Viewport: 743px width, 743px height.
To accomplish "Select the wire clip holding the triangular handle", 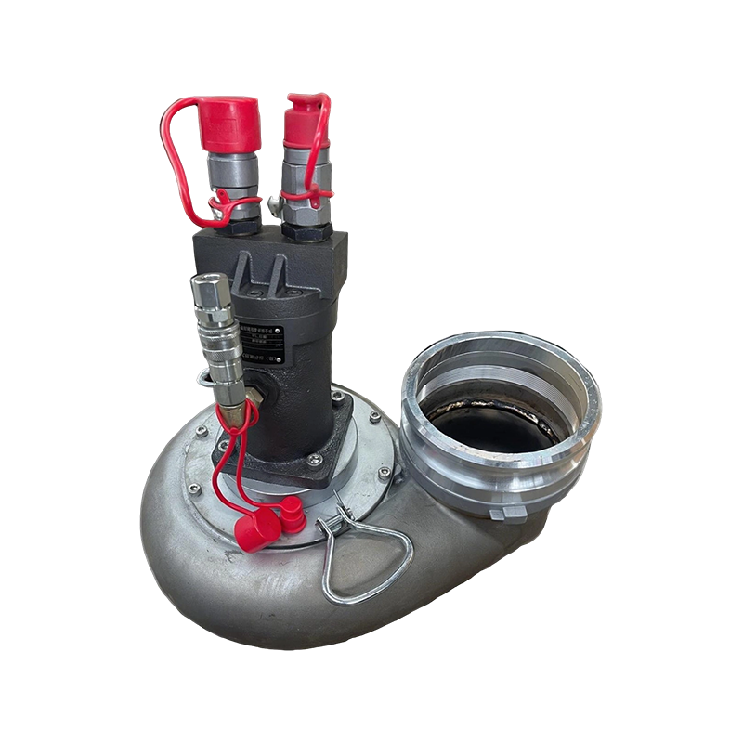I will [338, 520].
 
